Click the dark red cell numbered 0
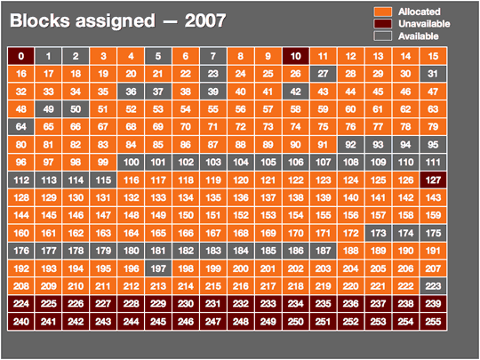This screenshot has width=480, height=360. [20, 55]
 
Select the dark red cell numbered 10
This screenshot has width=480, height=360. [296, 55]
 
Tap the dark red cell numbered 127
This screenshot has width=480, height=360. [434, 180]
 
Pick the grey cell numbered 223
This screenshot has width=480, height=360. [434, 286]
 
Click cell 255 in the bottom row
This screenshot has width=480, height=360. [434, 322]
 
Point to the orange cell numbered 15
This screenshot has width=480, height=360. [434, 55]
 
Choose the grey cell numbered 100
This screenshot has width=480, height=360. [131, 162]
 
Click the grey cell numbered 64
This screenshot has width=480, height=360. [20, 126]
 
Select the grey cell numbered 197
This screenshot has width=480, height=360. [158, 268]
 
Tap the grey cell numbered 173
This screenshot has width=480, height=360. [379, 233]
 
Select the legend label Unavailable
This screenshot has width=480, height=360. [422, 23]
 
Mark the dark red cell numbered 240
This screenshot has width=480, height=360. [20, 322]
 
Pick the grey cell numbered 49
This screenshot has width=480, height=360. [48, 108]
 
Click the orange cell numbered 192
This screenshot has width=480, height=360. [20, 268]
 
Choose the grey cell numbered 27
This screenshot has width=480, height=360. [324, 73]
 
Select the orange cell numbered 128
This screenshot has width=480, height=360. [20, 197]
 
